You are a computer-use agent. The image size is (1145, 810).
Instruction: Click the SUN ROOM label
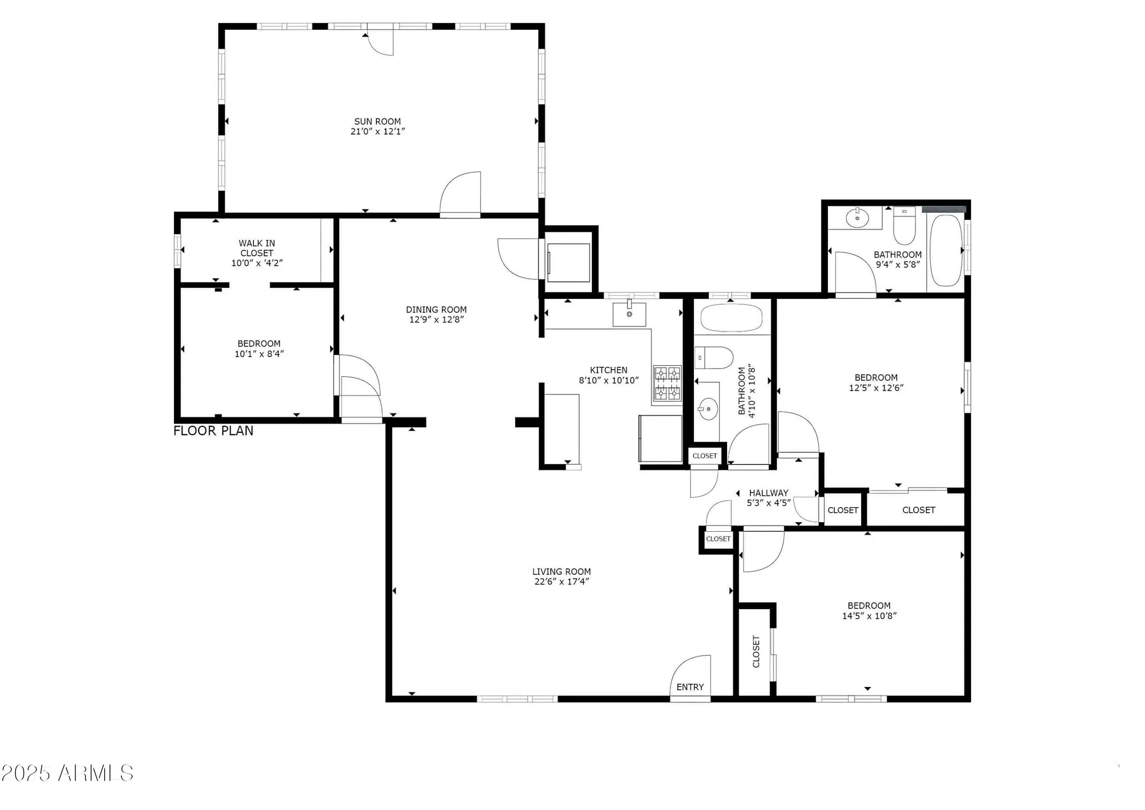tap(377, 121)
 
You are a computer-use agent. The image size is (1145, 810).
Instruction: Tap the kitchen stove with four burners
tap(668, 384)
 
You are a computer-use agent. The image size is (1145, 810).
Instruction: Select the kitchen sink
tap(629, 314)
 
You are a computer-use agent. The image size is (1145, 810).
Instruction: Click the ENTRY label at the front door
tap(690, 687)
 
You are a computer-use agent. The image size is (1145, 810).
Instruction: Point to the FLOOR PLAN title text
tap(214, 431)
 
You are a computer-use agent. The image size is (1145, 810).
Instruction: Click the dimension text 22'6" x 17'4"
tap(561, 582)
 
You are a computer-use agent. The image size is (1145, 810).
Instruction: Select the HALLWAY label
tap(768, 493)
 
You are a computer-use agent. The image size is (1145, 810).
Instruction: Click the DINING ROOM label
tap(436, 310)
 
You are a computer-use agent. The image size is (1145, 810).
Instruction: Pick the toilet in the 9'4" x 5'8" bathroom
tap(905, 226)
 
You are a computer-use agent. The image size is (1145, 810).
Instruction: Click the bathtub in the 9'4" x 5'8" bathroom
tap(946, 250)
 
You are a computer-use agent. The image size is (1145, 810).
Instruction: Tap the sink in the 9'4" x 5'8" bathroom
tap(857, 218)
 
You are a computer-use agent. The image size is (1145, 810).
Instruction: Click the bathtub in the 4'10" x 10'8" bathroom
tap(731, 318)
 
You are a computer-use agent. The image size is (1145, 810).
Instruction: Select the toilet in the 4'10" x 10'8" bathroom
tap(714, 358)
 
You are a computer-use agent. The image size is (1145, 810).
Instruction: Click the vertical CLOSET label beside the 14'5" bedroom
tap(756, 651)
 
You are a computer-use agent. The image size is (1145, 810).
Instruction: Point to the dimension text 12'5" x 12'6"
tap(876, 388)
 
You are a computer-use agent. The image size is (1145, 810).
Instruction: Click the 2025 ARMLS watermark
tap(68, 773)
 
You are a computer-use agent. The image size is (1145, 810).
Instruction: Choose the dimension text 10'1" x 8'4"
tap(259, 354)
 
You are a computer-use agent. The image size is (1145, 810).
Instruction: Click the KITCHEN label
tap(609, 370)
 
